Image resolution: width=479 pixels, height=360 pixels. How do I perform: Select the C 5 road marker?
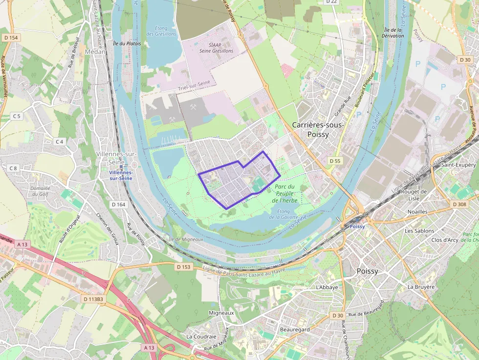tap(17, 116)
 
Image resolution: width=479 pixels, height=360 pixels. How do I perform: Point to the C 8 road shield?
tap(13, 168)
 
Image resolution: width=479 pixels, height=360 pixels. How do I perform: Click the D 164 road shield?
tap(118, 204)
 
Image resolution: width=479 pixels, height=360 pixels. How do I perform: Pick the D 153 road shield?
tap(183, 267)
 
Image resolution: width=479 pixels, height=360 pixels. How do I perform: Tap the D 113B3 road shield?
tap(93, 299)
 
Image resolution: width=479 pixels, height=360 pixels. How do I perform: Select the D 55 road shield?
tap(335, 161)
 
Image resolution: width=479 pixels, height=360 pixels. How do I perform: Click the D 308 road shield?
tap(459, 204)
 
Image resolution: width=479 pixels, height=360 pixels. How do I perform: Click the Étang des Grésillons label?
tap(157, 31)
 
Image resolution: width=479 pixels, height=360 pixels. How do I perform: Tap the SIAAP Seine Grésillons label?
tap(217, 47)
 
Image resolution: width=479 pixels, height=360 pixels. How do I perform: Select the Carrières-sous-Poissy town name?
tap(318, 129)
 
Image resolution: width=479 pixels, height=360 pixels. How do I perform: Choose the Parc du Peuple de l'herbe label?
tap(284, 193)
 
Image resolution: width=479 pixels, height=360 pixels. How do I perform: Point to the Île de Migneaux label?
tap(185, 239)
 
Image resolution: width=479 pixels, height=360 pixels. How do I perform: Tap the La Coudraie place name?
tap(201, 337)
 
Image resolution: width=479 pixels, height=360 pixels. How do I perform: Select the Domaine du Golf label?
tap(40, 191)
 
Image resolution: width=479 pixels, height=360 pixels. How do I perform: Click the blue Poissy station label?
tap(357, 227)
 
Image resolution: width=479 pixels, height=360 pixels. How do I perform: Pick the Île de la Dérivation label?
tap(393, 33)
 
